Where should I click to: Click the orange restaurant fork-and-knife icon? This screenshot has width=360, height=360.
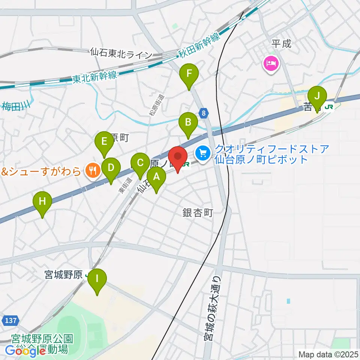91,171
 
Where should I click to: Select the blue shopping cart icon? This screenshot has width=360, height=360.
203,153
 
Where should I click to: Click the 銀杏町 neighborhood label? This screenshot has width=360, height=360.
198,213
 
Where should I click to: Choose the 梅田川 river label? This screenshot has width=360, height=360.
16,106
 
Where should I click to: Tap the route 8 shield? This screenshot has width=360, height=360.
204,113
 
